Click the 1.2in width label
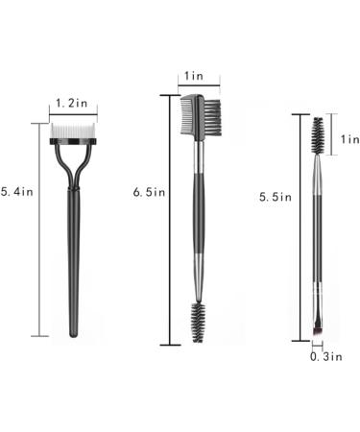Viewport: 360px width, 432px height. coord(71,103)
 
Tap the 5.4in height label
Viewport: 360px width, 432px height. coord(17,191)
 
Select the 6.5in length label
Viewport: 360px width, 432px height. coord(149,192)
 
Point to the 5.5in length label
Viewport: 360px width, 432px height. coord(276,197)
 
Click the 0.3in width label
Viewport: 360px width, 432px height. coord(326,356)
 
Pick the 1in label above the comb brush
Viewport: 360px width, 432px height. coord(194,76)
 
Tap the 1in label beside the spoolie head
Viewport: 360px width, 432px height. coord(350,139)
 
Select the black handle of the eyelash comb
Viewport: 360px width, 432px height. coord(74,262)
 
